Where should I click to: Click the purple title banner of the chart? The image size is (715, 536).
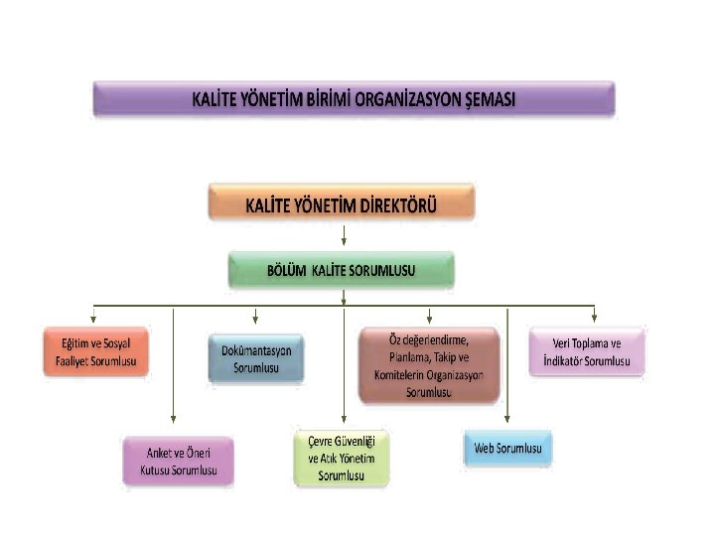tap(354, 99)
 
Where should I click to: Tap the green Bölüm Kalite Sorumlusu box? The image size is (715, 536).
tap(342, 270)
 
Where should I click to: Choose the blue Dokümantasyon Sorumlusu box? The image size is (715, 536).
tap(256, 359)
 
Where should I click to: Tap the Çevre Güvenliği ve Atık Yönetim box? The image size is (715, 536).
tap(342, 458)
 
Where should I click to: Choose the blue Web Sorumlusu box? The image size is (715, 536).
tap(507, 449)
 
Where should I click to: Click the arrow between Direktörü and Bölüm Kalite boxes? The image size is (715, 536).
tap(343, 236)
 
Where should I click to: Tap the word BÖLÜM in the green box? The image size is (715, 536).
tap(286, 270)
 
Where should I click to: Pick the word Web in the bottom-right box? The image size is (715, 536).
tap(484, 449)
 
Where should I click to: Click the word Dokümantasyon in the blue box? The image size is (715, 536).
tap(256, 351)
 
